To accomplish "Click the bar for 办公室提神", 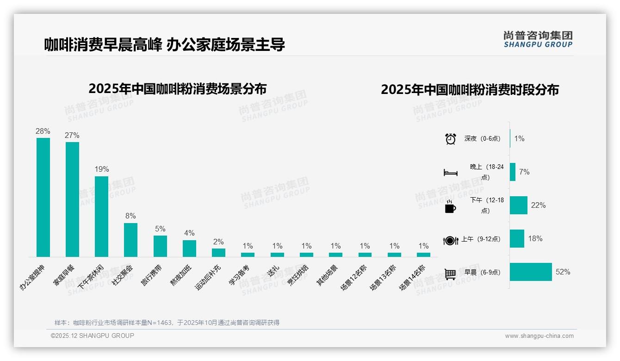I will pos(43,197).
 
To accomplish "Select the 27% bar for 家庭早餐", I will pos(72,199).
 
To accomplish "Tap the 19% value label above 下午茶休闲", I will pos(101,169).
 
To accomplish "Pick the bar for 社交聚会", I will pos(130,240).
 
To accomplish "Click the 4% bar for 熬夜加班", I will pos(189,248).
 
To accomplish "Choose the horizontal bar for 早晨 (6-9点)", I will pos(531,272).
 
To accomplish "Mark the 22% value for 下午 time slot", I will pos(538,205).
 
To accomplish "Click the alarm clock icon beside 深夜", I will pos(451,139).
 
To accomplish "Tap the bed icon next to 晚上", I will pos(451,173).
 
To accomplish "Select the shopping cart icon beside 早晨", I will pos(450,274).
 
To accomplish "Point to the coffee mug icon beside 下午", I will pos(450,206).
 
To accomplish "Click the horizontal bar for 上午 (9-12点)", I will pos(517,239).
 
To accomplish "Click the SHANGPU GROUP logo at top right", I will pos(538,39).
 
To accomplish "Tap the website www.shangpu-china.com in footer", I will pos(539,336).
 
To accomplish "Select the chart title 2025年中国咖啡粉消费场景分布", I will pos(177,88).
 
